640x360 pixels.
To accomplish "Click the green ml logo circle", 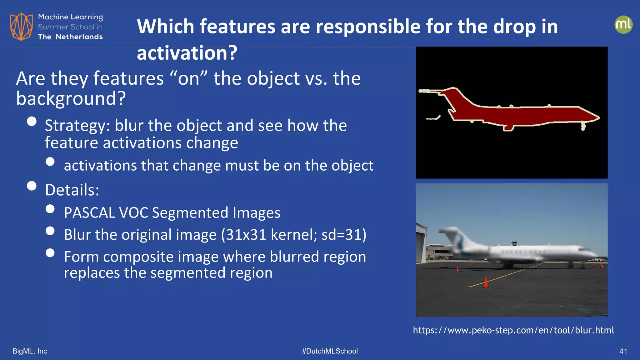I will tap(623, 25).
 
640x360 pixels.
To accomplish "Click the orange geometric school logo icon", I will tap(21, 27).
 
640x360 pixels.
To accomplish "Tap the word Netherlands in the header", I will tap(79, 37).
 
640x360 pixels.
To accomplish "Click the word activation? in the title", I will tap(187, 53).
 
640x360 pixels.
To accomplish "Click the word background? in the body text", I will tap(71, 98).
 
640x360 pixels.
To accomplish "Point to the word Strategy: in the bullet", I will tap(77, 126).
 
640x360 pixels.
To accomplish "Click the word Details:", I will tap(72, 190).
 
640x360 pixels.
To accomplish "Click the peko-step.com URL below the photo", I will tap(513, 330).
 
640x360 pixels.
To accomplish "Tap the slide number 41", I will tap(623, 351).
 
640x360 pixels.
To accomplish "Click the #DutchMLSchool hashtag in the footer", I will tap(330, 351).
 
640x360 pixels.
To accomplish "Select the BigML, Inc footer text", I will tap(30, 351).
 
